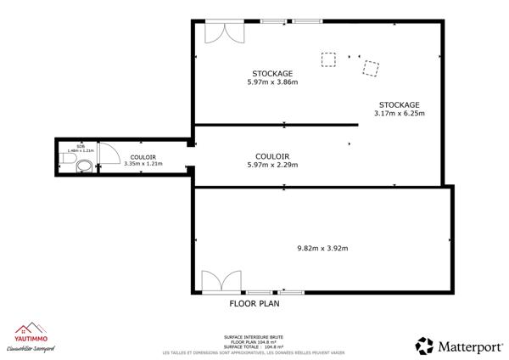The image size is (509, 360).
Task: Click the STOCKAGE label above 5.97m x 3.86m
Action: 272,73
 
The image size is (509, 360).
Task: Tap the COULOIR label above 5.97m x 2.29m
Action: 272,156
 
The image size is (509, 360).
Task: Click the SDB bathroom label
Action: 81,146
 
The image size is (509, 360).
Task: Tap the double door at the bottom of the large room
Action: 217,281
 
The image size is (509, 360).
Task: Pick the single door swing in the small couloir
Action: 108,153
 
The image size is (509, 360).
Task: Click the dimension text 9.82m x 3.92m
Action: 322,248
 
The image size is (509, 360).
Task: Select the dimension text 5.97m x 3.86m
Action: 272,82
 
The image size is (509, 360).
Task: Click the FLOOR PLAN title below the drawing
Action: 255,302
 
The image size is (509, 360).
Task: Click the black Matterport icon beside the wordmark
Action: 424,345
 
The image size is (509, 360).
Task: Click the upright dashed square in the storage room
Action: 327,59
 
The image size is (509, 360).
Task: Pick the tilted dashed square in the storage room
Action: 371,68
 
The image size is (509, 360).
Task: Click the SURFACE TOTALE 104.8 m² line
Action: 253,346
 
